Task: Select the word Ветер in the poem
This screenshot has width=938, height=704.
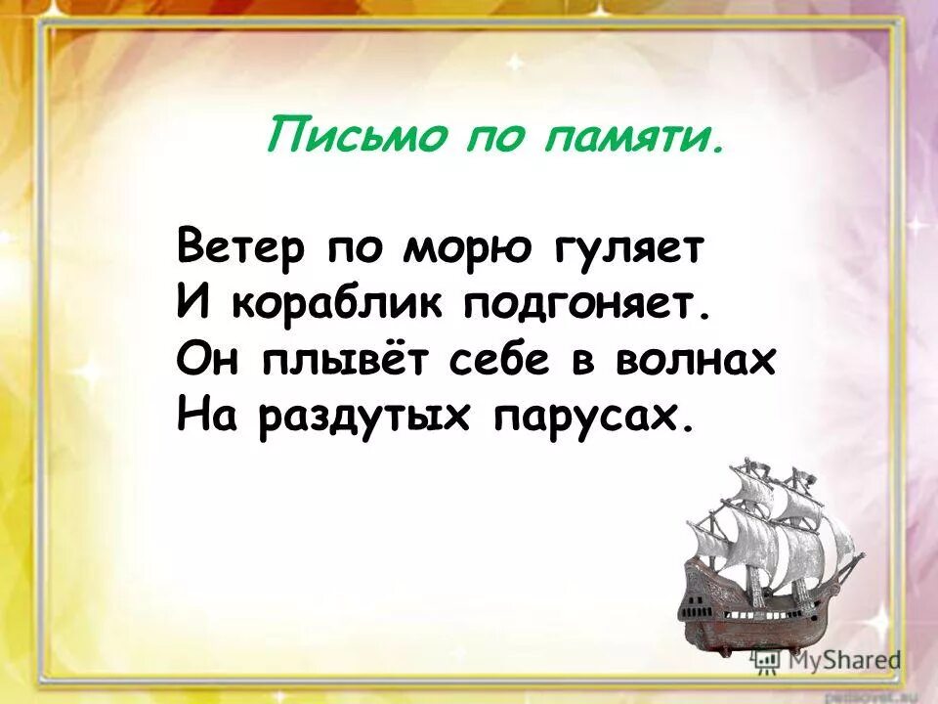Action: click(x=239, y=247)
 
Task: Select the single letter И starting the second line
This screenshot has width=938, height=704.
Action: click(x=192, y=304)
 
